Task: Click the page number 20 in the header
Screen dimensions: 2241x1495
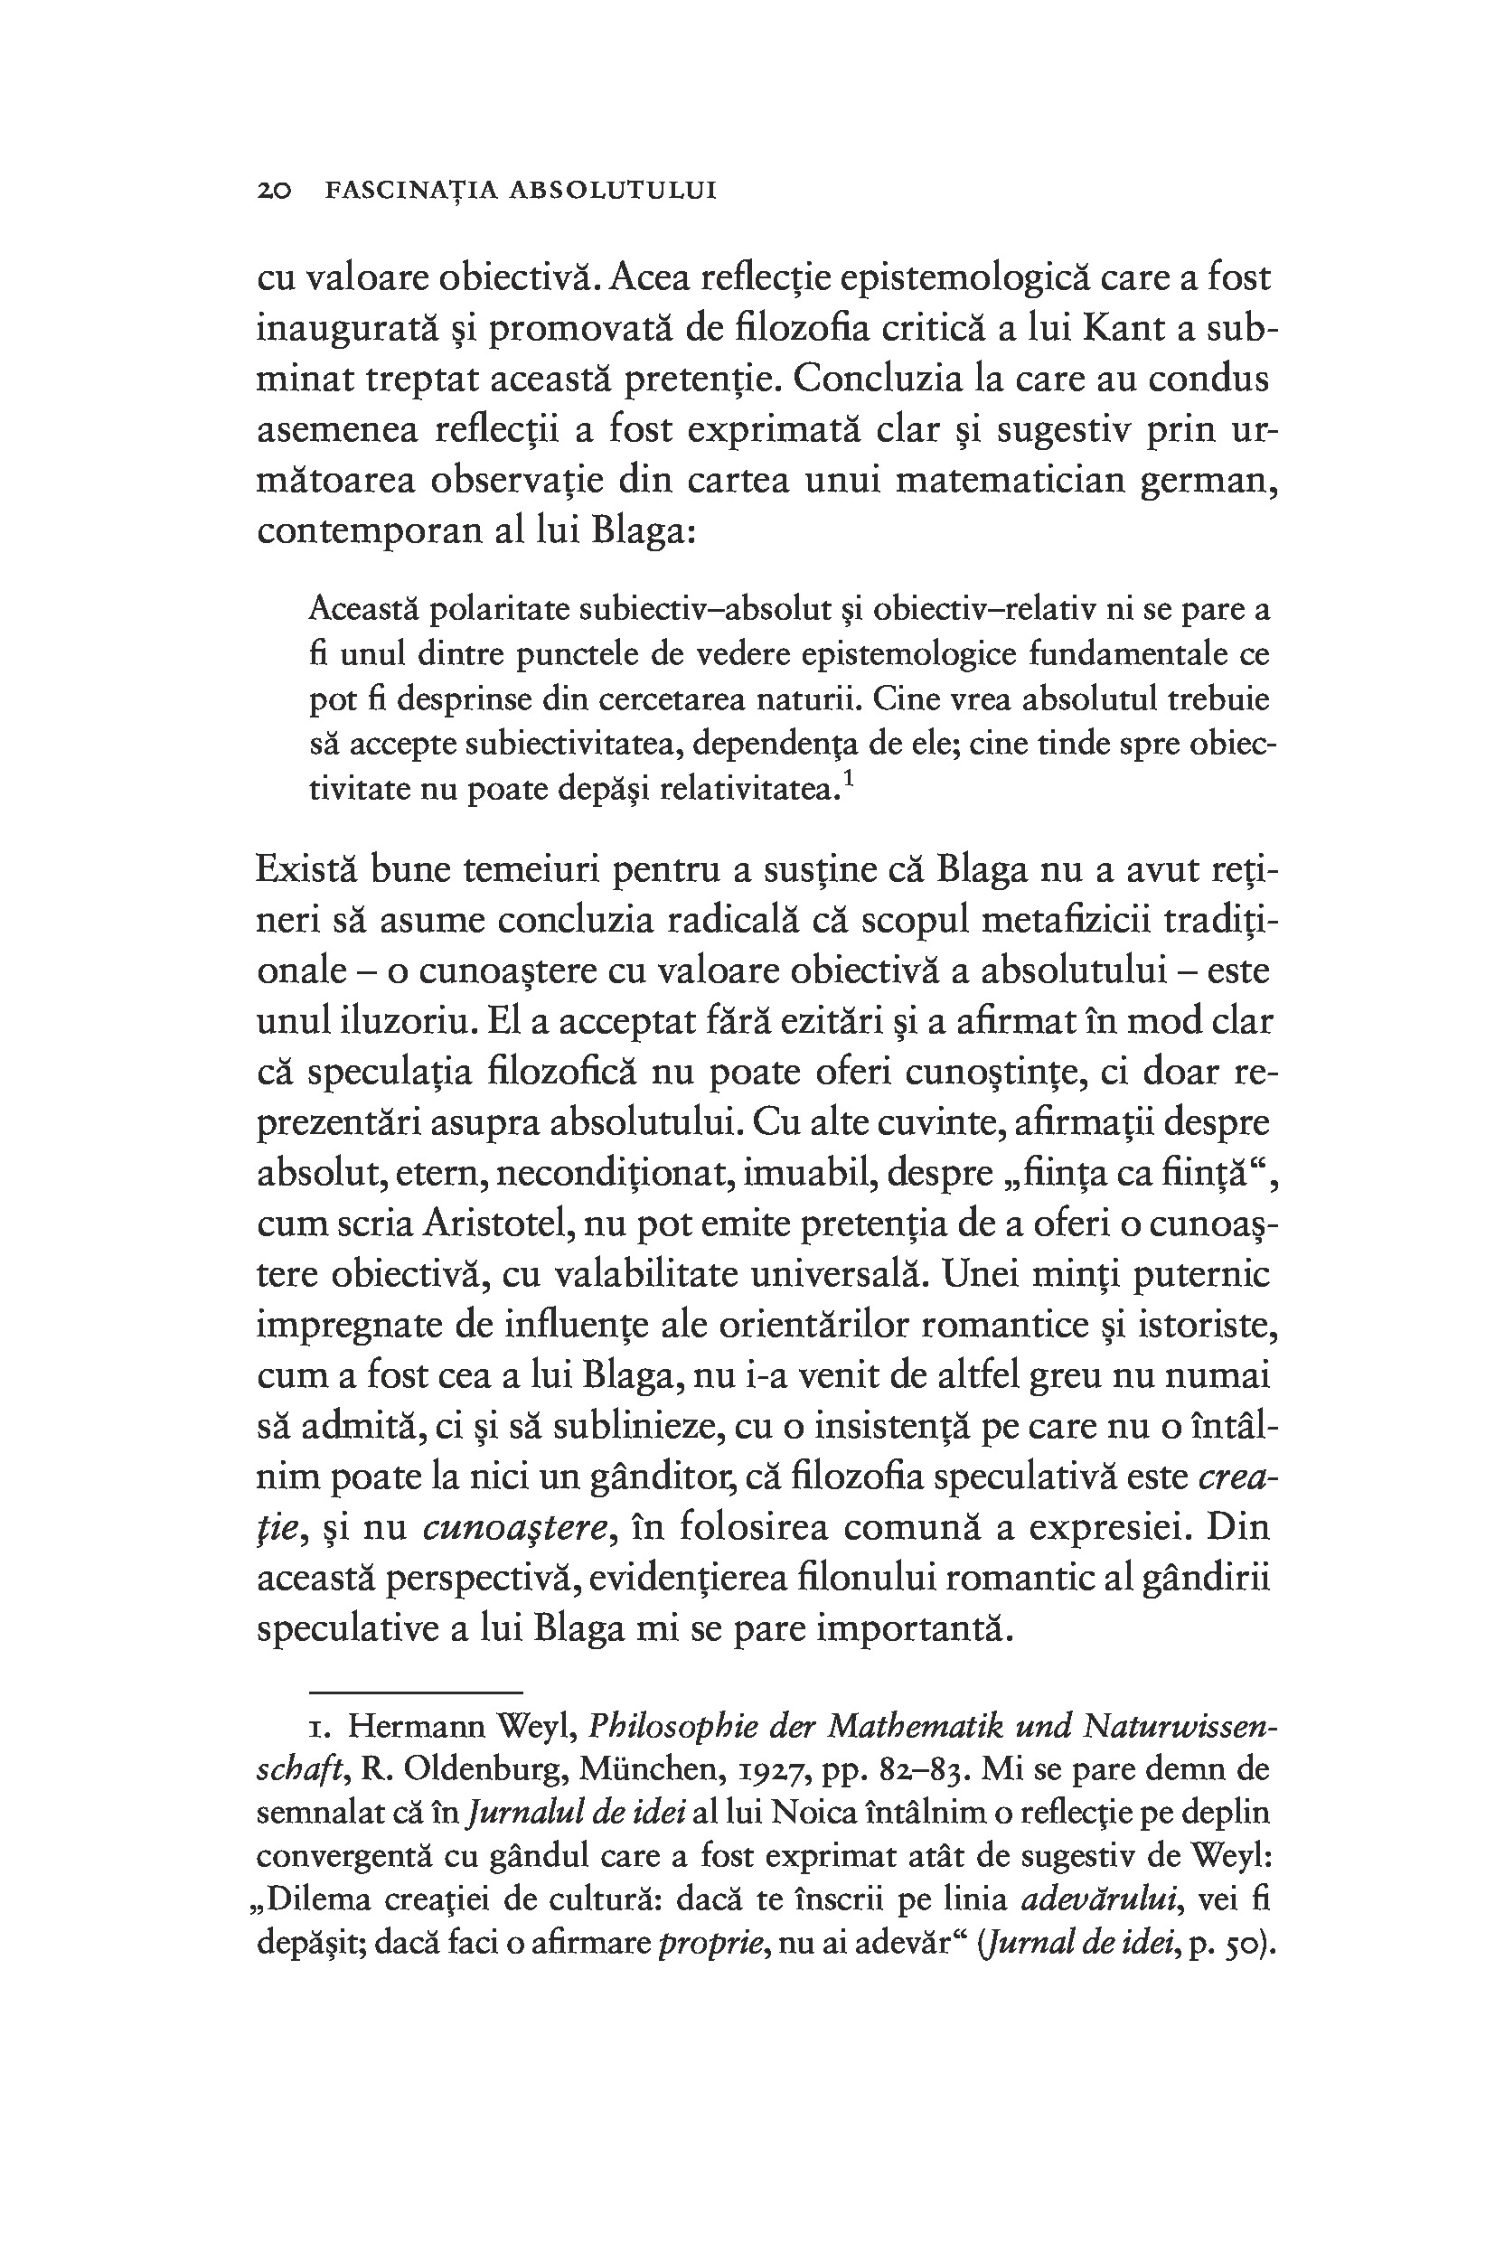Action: pyautogui.click(x=274, y=191)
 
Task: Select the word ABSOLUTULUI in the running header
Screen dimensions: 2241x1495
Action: pyautogui.click(x=613, y=191)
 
